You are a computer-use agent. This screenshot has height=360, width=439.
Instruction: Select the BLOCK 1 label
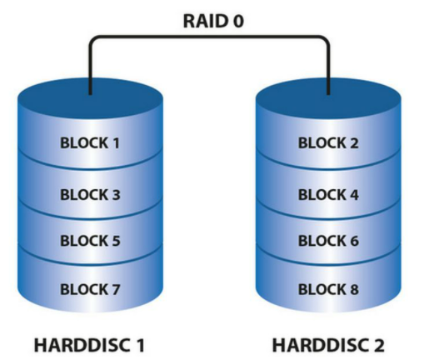pyautogui.click(x=91, y=142)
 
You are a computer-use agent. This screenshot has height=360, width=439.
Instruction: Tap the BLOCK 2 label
pyautogui.click(x=328, y=142)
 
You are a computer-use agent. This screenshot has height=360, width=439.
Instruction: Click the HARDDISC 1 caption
pyautogui.click(x=91, y=344)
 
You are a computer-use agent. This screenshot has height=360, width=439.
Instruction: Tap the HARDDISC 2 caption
pyautogui.click(x=328, y=344)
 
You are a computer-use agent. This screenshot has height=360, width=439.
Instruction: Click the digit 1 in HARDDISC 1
pyautogui.click(x=142, y=344)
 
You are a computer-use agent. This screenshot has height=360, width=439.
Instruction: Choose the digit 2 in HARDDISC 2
pyautogui.click(x=381, y=344)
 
